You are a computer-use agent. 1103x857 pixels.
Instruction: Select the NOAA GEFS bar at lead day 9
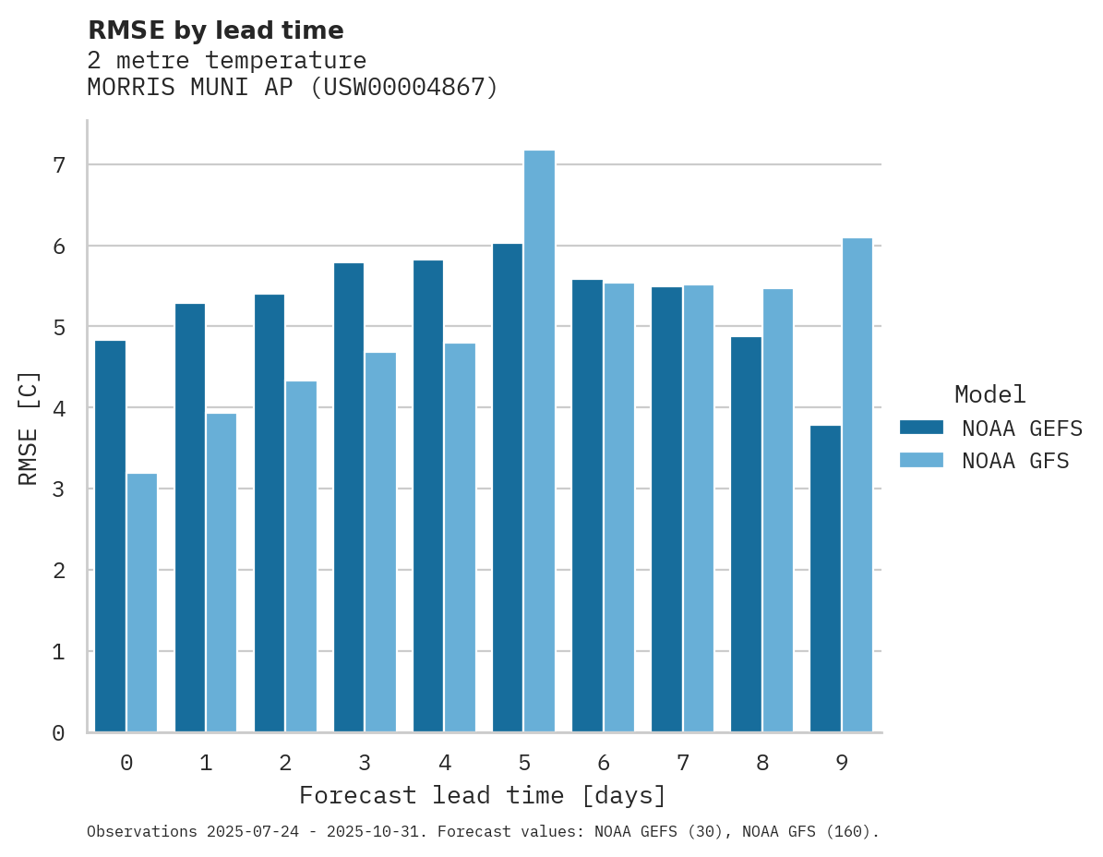coord(825,579)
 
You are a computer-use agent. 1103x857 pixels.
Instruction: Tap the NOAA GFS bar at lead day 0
coord(142,603)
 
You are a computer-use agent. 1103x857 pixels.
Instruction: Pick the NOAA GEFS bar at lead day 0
coord(110,537)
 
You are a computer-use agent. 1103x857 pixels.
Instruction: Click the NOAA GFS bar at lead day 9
coord(857,485)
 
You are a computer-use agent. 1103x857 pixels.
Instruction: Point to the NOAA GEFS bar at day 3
coord(348,498)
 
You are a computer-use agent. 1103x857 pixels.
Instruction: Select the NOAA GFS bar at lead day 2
coord(301,557)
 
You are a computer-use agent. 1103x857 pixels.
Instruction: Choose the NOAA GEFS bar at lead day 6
coord(587,506)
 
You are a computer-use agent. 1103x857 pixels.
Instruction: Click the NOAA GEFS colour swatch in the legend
coord(921,428)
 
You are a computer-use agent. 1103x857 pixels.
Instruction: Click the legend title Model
coord(989,395)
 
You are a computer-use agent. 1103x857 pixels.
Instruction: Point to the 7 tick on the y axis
coord(58,165)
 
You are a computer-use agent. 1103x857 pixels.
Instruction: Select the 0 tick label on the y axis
coord(58,733)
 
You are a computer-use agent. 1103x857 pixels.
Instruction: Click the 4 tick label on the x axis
coord(444,764)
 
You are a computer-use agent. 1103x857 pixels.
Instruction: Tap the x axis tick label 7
coord(682,764)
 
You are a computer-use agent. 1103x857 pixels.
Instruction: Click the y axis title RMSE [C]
coord(30,428)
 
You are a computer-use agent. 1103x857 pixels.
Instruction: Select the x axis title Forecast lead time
coord(482,796)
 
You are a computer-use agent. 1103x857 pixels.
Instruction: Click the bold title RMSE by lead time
coord(215,30)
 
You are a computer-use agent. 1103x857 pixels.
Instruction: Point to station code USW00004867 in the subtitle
coord(399,88)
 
